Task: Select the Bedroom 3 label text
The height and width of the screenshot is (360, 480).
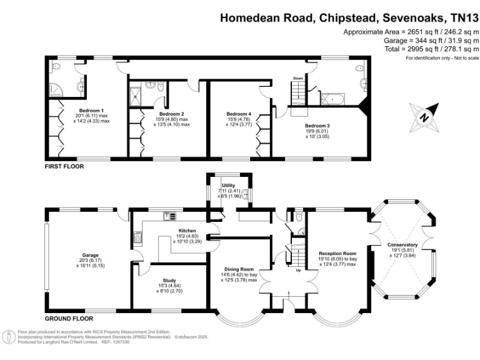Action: click(316, 126)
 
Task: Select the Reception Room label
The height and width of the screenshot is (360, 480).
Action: click(337, 254)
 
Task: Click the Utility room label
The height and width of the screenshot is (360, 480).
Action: click(227, 186)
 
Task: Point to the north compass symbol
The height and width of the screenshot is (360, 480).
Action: click(424, 116)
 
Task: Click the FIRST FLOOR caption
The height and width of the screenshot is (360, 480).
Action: click(64, 167)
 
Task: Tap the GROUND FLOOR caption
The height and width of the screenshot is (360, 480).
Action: click(68, 318)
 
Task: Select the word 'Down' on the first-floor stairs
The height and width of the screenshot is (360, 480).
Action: click(298, 78)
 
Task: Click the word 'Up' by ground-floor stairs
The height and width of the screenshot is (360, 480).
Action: click(297, 270)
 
